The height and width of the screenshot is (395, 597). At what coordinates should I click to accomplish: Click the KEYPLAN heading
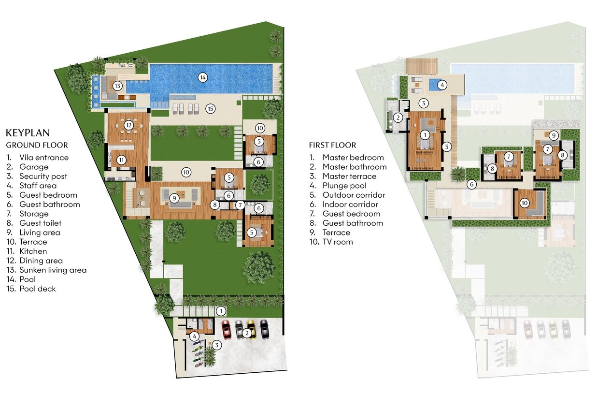point(28,133)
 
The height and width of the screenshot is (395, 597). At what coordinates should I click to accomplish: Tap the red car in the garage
point(226,330)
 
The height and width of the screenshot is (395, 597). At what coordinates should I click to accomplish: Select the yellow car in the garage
point(251,329)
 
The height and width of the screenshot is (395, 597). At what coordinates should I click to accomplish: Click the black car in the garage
point(264,329)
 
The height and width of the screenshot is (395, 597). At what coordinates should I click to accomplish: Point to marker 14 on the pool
point(203,78)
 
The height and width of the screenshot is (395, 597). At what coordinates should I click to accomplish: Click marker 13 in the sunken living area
point(117,86)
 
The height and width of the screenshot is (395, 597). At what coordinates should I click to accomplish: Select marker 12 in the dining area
point(129,125)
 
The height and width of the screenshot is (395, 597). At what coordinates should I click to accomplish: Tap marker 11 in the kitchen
point(122,160)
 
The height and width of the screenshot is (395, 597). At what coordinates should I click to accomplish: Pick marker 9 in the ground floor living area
point(174,198)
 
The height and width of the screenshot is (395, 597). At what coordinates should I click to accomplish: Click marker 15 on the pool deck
point(210,109)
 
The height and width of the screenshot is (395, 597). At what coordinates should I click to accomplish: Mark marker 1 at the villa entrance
point(221,311)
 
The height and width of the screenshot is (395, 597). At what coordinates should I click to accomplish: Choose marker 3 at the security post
point(217,345)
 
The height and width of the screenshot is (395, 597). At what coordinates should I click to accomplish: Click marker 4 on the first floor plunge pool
point(442,86)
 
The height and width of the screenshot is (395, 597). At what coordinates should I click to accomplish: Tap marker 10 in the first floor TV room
point(525,203)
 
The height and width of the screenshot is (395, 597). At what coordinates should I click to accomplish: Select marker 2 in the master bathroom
point(398,117)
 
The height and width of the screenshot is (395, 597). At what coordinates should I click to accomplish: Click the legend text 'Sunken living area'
point(53,270)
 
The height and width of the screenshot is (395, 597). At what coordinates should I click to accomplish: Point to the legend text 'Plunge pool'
point(344,186)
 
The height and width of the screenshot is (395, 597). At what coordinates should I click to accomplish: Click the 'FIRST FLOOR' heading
point(333,145)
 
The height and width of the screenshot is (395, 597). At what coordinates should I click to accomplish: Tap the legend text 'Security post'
point(43,176)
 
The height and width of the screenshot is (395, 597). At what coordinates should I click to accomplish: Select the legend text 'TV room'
point(338,242)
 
